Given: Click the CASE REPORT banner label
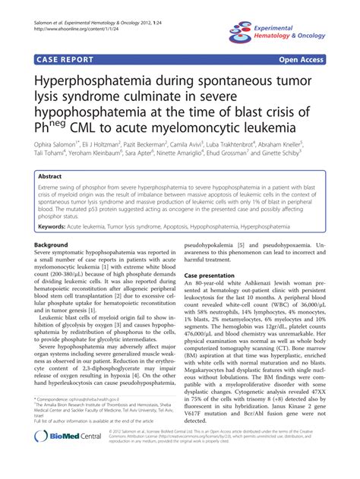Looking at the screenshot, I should pyautogui.click(x=63, y=57).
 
